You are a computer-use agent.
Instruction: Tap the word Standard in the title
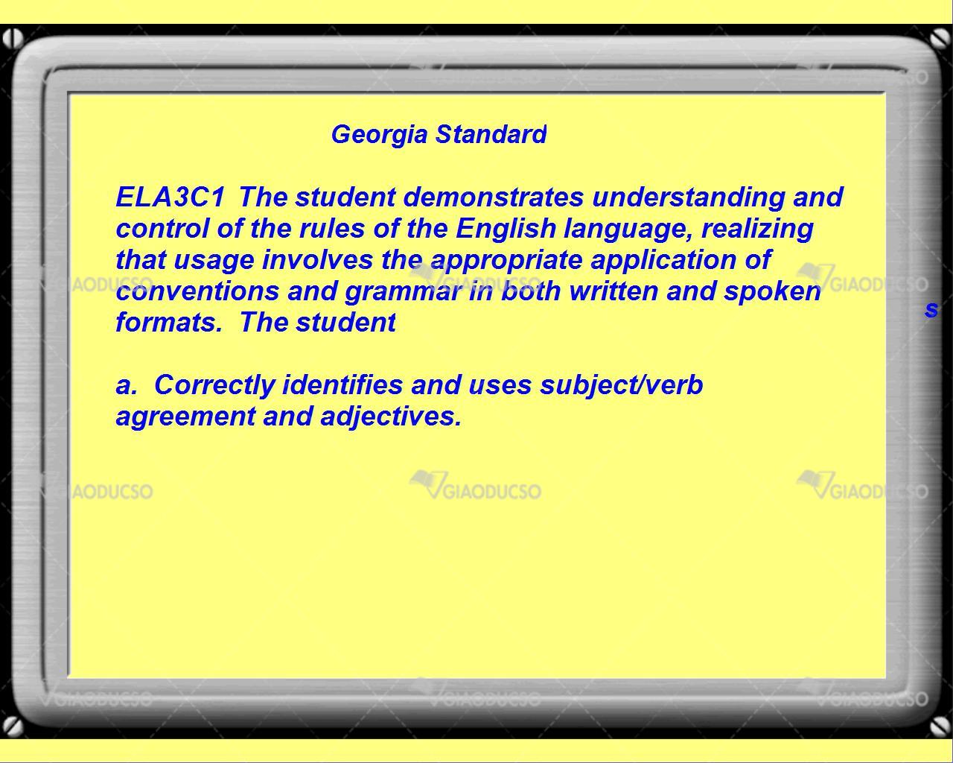click(x=491, y=134)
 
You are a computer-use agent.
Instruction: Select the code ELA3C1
click(x=170, y=197)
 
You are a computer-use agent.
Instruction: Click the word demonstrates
click(x=494, y=197)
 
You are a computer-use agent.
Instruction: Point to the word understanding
click(x=688, y=197)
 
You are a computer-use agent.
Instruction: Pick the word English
click(x=506, y=229)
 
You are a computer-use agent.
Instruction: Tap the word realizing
click(x=757, y=229)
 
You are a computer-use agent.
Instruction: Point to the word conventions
click(x=197, y=291)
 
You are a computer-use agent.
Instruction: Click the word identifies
click(x=342, y=384)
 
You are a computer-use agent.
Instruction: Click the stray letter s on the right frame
click(x=931, y=309)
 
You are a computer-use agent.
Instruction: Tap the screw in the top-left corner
click(x=12, y=39)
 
